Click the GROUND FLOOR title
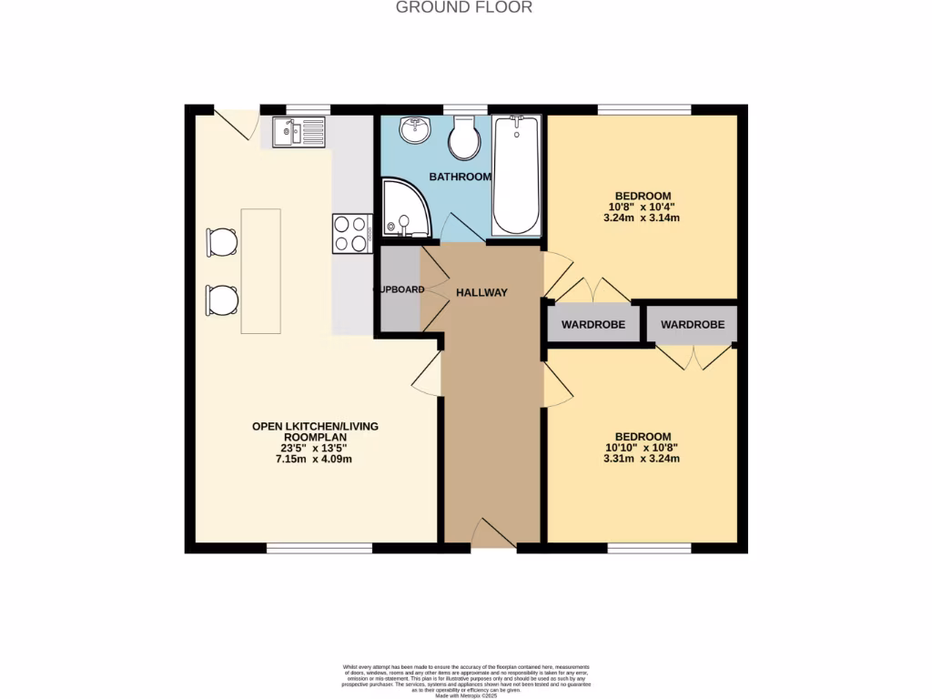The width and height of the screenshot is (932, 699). [464, 7]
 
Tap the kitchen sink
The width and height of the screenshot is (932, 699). [298, 133]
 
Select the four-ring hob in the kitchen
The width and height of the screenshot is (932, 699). [351, 233]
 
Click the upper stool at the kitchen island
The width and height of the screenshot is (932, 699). [222, 241]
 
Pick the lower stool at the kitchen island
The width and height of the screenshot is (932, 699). [222, 299]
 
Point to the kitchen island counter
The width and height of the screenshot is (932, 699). [260, 270]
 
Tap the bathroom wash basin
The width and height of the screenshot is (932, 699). [416, 130]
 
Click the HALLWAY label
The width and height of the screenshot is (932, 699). [481, 292]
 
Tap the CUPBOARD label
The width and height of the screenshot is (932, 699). [399, 289]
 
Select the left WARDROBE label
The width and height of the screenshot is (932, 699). [592, 324]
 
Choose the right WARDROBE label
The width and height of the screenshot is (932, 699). [692, 324]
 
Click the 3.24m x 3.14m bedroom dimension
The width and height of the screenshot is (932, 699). [643, 218]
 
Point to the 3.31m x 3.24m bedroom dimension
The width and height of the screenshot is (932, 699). [643, 459]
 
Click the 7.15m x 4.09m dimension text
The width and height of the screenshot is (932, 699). [315, 459]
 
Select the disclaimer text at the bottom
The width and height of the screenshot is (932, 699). [466, 681]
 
